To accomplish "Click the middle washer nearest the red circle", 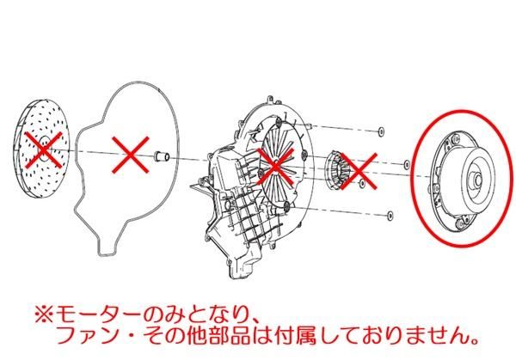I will (404, 161).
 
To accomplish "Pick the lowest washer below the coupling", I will (390, 212).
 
